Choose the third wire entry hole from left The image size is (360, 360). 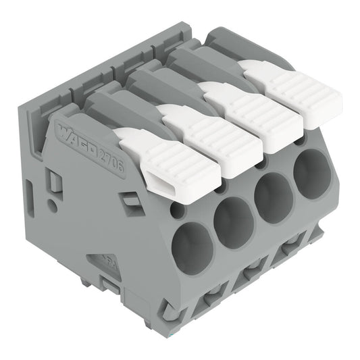[275, 194]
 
